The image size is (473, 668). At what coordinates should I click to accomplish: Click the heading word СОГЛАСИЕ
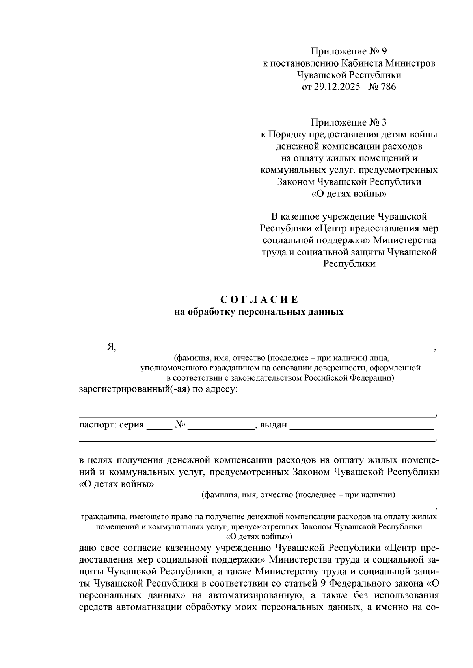(259, 300)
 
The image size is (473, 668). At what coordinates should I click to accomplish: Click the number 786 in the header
(387, 87)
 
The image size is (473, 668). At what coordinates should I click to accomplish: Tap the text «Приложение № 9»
(349, 51)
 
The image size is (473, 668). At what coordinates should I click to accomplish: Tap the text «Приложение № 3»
(349, 122)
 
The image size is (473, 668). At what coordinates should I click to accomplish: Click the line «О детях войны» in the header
(349, 194)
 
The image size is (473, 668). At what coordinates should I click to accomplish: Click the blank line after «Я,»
(276, 348)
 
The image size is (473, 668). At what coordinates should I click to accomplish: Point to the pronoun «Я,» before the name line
(112, 346)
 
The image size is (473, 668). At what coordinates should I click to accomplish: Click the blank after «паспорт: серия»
(159, 427)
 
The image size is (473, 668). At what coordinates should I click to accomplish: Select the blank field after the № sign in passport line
(221, 427)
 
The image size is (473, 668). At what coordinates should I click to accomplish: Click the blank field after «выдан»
(362, 427)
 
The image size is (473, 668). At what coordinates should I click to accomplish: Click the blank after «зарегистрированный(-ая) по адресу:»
(336, 391)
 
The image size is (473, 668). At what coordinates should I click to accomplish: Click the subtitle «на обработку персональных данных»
(259, 312)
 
